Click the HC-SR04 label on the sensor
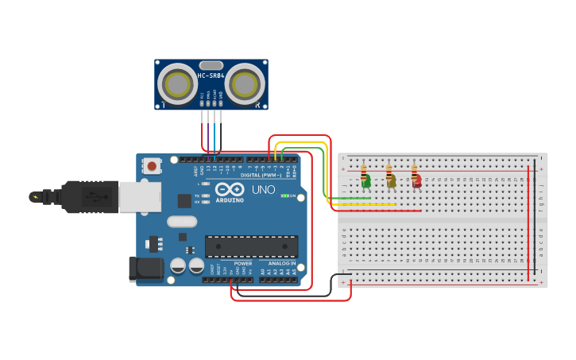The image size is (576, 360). (x=211, y=76)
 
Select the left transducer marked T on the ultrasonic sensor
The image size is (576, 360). (x=176, y=83)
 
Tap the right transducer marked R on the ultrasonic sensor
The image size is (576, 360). (x=245, y=83)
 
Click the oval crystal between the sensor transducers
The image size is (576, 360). (x=211, y=65)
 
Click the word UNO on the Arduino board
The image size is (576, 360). (x=263, y=190)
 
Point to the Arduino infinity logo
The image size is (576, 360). (x=230, y=191)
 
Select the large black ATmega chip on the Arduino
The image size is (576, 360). (x=251, y=246)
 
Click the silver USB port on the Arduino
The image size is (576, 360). (x=139, y=196)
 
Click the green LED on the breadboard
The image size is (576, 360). (x=365, y=183)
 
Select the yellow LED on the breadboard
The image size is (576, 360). (x=391, y=183)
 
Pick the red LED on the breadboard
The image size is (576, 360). (x=416, y=183)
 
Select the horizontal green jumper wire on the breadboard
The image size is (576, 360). (x=350, y=198)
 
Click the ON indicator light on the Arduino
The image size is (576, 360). (x=285, y=195)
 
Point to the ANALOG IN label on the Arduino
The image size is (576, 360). (x=281, y=263)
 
